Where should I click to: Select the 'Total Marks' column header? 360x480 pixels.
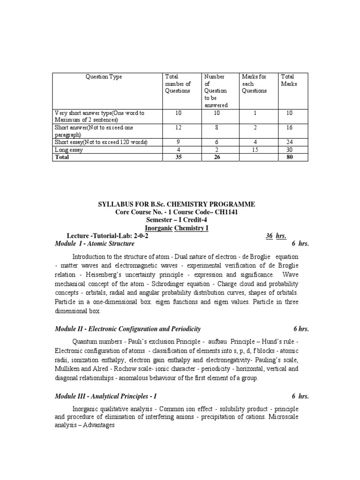tap(289, 80)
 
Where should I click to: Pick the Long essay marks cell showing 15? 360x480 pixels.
tap(257, 150)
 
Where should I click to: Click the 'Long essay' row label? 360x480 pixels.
tap(69, 150)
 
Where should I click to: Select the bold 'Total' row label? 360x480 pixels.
tap(62, 157)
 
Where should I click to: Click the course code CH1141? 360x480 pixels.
tap(230, 212)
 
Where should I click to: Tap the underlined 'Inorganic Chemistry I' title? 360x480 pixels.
tap(176, 228)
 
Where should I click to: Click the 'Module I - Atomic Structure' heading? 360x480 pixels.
tap(95, 244)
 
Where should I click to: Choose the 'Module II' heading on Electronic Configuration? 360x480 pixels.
tap(127, 329)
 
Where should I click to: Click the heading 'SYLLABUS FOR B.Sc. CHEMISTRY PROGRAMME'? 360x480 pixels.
tap(176, 204)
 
